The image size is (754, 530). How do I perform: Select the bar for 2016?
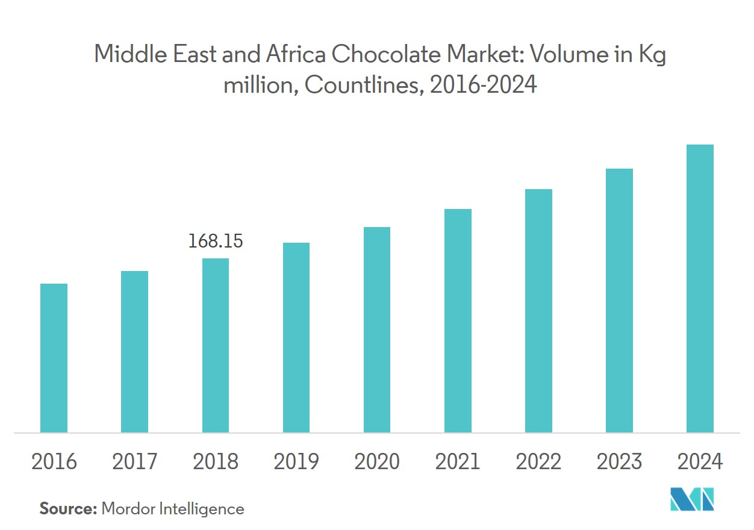(54, 358)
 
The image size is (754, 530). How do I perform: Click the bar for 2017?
(134, 352)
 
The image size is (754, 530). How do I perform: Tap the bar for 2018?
(216, 345)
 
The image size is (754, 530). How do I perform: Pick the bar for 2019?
(296, 337)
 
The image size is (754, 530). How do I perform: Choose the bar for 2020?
(377, 329)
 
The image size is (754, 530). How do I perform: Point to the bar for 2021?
(458, 320)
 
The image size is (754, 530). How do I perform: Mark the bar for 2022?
(538, 311)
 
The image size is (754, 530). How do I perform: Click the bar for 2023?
(619, 301)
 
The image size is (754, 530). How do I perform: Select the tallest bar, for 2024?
(700, 288)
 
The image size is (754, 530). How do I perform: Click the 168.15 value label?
(216, 242)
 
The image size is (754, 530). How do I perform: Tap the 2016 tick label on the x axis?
(54, 462)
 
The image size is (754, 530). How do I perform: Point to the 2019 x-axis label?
(296, 462)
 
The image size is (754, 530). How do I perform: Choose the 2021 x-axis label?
(458, 462)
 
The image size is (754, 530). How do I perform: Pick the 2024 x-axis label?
(700, 462)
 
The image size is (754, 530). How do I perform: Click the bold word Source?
(67, 509)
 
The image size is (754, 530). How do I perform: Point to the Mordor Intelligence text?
(173, 509)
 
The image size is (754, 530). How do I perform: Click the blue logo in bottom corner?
(692, 499)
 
